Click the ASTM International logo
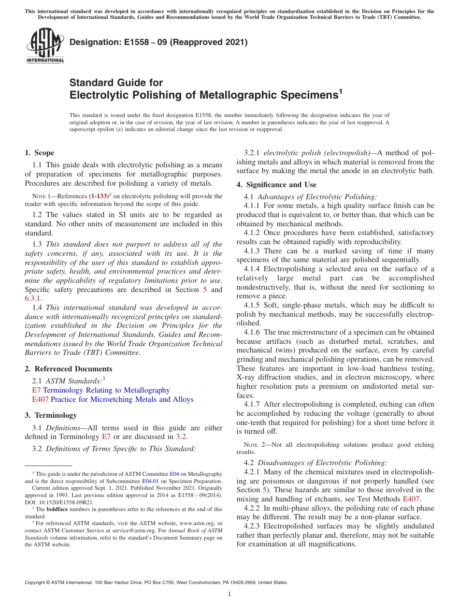pos(45,46)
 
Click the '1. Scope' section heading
pos(39,153)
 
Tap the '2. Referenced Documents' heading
pos(62,369)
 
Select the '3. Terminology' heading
pos(51,415)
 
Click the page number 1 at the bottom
pos(229,594)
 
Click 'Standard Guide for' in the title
pos(116,83)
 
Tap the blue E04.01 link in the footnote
pos(150,481)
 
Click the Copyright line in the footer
pos(156,583)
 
